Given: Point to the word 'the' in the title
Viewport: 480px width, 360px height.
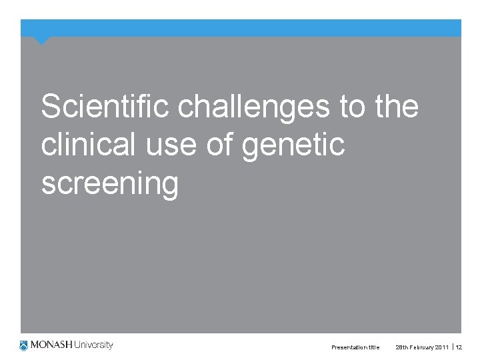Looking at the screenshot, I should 397,107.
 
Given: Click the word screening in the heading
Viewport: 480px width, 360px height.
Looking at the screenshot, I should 110,183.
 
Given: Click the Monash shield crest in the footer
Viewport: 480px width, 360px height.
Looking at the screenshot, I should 24,345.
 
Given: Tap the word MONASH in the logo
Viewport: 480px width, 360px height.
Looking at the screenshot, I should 51,345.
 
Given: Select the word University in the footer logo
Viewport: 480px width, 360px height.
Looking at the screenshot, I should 93,345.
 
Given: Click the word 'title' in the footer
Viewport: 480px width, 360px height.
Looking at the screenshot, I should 374,347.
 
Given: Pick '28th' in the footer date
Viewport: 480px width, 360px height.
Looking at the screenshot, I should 402,347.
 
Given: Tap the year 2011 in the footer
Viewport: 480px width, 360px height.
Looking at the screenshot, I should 443,347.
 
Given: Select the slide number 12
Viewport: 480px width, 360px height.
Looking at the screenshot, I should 459,347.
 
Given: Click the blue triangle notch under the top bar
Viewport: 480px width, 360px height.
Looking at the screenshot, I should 42,41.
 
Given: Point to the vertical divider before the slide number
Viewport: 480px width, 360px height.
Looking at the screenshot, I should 453,347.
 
